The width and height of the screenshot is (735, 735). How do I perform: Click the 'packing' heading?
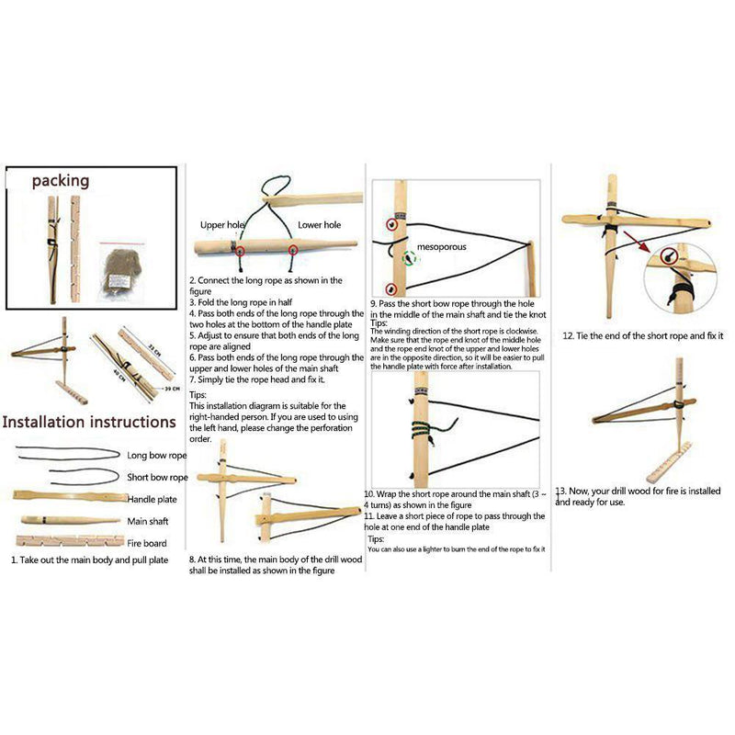tap(61, 181)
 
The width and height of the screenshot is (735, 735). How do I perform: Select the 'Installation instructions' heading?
tap(89, 423)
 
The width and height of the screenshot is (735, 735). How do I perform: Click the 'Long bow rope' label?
tap(157, 455)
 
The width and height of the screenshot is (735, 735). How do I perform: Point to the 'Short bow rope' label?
tap(157, 478)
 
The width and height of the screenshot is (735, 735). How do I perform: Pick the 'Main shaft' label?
tap(147, 521)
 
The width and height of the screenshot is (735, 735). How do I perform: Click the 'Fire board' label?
tap(147, 543)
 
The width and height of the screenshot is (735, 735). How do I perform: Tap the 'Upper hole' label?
tap(223, 225)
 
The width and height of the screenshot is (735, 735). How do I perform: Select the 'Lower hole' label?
tap(319, 225)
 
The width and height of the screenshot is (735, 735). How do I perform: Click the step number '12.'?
tap(569, 336)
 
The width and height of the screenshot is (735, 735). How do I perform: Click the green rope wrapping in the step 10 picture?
tap(415, 427)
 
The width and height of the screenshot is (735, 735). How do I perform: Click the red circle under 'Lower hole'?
tap(294, 250)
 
